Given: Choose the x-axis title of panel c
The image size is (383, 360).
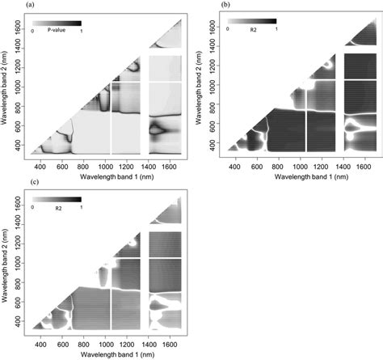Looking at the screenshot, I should coord(103,353).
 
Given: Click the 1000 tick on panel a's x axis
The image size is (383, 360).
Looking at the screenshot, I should coord(106,162).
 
